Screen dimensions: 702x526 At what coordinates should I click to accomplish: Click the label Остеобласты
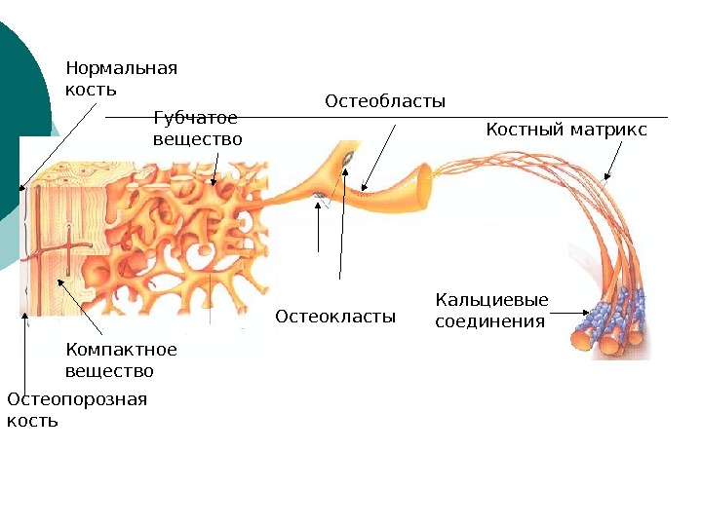(x=384, y=101)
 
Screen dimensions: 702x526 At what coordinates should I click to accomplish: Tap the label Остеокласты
(x=335, y=317)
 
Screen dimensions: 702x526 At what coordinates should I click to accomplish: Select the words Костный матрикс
(x=565, y=130)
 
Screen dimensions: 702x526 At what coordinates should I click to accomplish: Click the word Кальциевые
(x=491, y=300)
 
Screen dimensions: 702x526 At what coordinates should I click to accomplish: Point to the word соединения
(x=489, y=321)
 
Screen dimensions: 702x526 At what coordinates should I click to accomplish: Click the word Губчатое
(x=196, y=118)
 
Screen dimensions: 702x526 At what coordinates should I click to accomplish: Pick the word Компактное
(x=121, y=350)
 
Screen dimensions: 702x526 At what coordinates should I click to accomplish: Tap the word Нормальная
(x=121, y=68)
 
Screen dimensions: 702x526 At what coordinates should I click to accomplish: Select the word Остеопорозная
(x=76, y=399)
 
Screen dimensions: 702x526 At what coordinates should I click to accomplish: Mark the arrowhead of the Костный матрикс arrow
(x=605, y=179)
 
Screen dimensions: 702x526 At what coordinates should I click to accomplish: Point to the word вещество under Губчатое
(x=198, y=139)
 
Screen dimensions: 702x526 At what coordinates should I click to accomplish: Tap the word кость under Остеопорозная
(x=32, y=421)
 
